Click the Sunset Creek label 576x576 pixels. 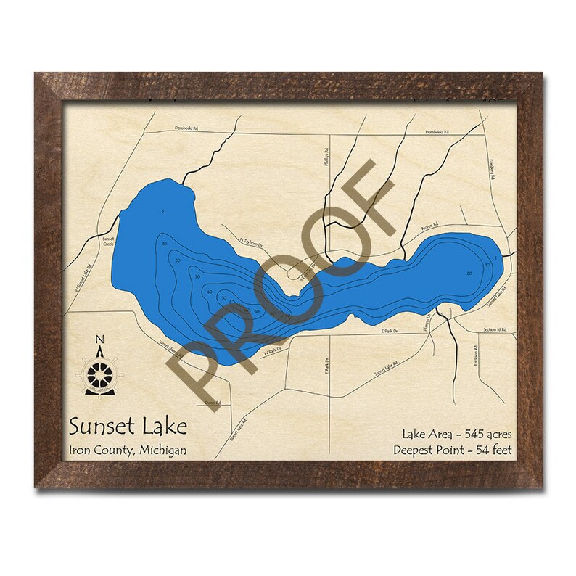click(x=108, y=242)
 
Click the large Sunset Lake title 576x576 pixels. click(x=128, y=425)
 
